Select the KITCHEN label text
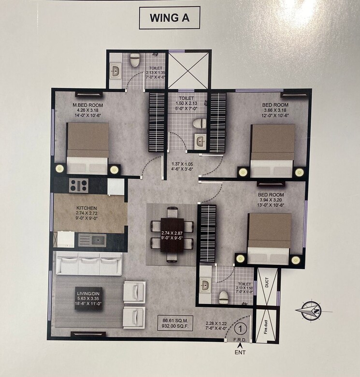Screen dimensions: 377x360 click(x=86, y=208)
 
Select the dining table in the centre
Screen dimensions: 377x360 click(x=172, y=234)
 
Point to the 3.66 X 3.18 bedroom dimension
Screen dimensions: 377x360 click(x=275, y=111)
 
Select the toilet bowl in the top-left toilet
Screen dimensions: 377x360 click(x=135, y=60)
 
